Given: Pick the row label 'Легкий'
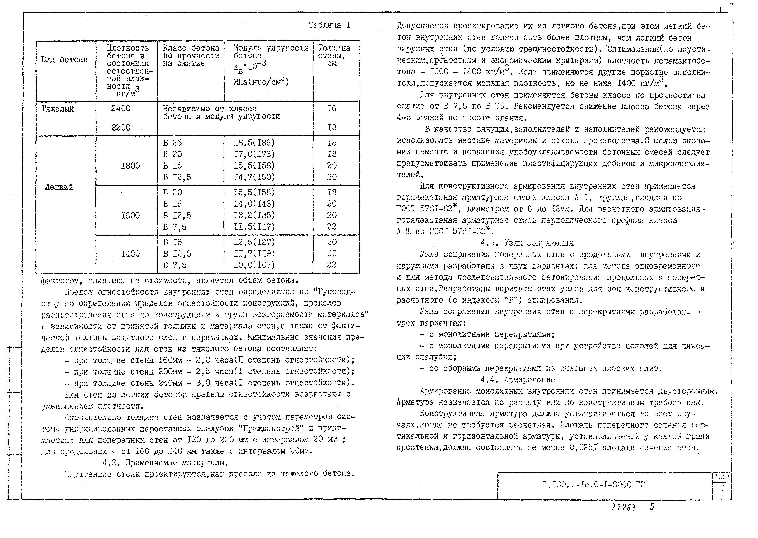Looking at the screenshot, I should click(59, 187).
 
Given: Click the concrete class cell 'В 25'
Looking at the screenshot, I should click(172, 143).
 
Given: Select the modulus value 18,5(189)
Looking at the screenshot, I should click(254, 143).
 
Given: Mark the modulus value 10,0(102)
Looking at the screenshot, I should click(254, 265).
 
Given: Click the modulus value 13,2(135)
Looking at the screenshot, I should click(254, 215).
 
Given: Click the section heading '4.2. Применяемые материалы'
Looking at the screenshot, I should click(165, 462).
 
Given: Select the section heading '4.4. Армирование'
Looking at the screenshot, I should click(517, 380).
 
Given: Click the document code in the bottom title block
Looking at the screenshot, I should click(594, 485).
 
